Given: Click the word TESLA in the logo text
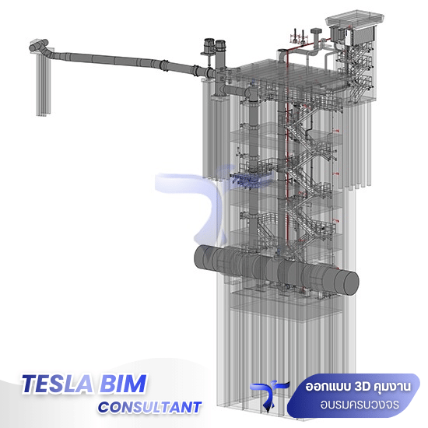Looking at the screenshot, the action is [57, 384].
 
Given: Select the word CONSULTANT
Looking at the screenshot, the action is [149, 407].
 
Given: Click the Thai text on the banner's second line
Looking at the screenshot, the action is [360, 405].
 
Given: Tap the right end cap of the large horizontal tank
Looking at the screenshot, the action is [347, 283].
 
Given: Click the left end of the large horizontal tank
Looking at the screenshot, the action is [202, 257].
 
